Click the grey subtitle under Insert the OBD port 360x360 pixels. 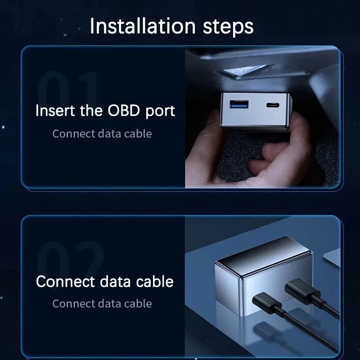(x=102, y=134)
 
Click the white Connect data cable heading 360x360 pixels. (x=104, y=282)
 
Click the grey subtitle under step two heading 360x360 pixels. (x=102, y=303)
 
